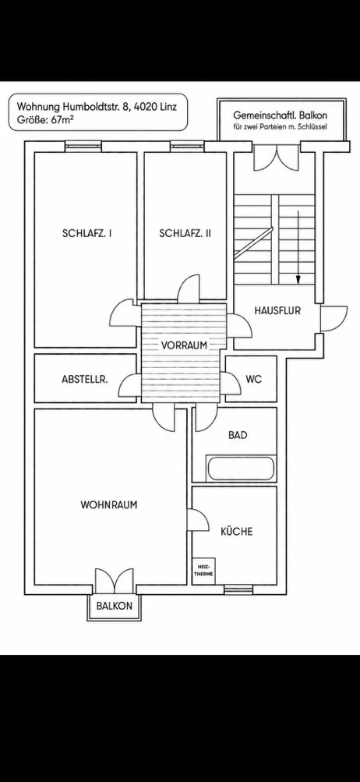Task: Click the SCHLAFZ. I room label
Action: [86, 233]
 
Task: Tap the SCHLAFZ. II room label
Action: [185, 233]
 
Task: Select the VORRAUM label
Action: [183, 345]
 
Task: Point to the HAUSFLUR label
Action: [277, 310]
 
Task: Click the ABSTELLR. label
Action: [85, 379]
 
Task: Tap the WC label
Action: [253, 379]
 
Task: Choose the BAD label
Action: [238, 435]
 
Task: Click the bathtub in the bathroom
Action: [241, 469]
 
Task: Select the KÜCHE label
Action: [237, 531]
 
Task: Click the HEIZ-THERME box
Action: [204, 571]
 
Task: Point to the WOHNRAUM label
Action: [108, 504]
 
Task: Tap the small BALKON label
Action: [115, 606]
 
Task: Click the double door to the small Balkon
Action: [115, 581]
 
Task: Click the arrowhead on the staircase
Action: [298, 280]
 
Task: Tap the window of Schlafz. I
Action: [83, 146]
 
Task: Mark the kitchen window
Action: [238, 589]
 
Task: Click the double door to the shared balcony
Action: [276, 157]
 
